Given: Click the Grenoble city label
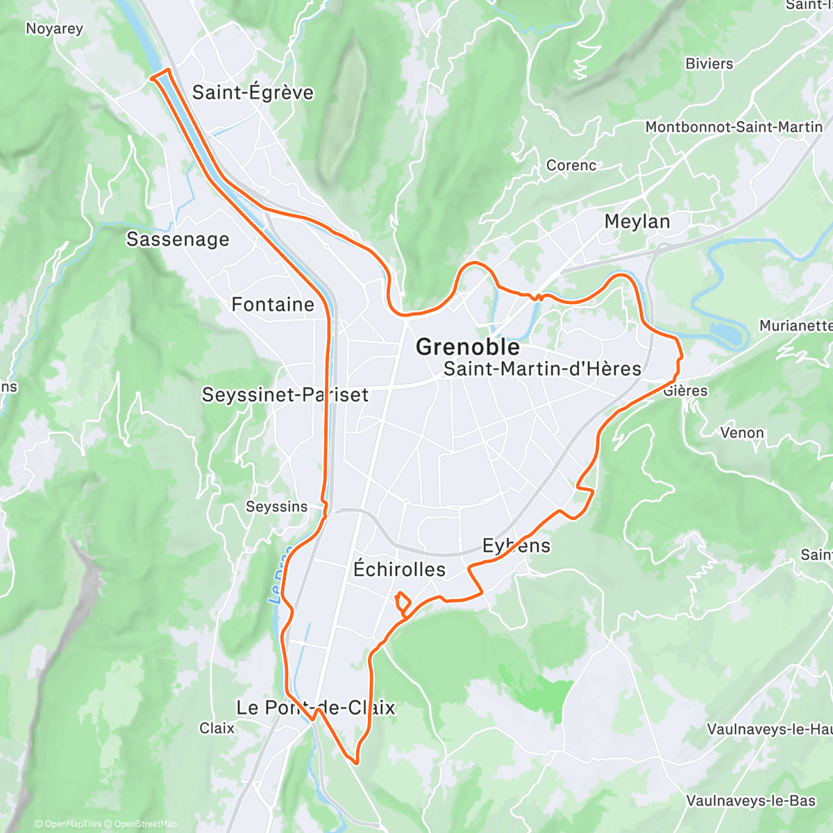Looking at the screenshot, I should coord(467,347).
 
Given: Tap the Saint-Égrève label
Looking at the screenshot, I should coord(253,92).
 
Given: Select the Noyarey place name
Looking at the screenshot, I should coord(54,28).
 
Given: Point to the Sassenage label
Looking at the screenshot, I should coord(178,239).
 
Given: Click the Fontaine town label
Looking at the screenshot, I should coord(273,305).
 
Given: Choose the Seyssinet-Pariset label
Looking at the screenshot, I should coord(285,395).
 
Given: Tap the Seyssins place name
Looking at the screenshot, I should coord(276,507).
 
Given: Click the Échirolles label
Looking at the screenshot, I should coord(399,569).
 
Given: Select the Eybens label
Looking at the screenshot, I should coord(516,546).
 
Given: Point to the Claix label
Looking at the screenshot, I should coord(217,728).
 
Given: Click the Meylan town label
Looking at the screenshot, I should coord(637,222).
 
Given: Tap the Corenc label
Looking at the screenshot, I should coord(571,165).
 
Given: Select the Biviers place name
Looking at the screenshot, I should coord(709,64).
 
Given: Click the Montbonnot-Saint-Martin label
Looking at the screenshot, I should coord(734,127).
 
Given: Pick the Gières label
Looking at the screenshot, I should coord(685,391).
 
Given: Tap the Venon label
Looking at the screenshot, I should coord(742,433).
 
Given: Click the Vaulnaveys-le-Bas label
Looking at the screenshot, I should coord(750,800).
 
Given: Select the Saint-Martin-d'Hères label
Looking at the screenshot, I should coord(542,369).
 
